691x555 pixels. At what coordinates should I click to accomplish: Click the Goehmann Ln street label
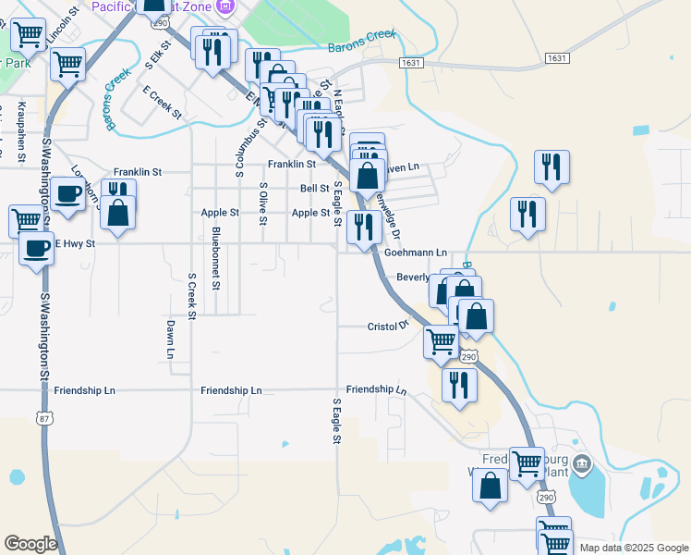tap(415, 253)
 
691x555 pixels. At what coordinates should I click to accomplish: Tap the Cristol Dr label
tap(388, 327)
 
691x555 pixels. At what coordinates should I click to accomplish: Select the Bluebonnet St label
tap(215, 258)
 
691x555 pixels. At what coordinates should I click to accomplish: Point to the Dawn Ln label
tap(171, 339)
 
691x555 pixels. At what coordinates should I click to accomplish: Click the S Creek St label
tap(191, 296)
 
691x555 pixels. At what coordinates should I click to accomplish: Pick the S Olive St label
tap(263, 203)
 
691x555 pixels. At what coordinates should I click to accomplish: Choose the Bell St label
tap(315, 189)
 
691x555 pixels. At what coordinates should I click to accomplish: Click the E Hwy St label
tap(75, 244)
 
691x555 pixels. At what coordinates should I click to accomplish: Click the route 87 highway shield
tap(44, 418)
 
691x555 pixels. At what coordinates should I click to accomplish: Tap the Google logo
tap(30, 544)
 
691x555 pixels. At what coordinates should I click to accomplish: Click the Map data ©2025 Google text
tap(634, 548)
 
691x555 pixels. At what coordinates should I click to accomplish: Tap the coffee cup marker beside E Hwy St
tap(36, 248)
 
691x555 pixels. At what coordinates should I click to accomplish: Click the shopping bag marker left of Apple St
tap(119, 212)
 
